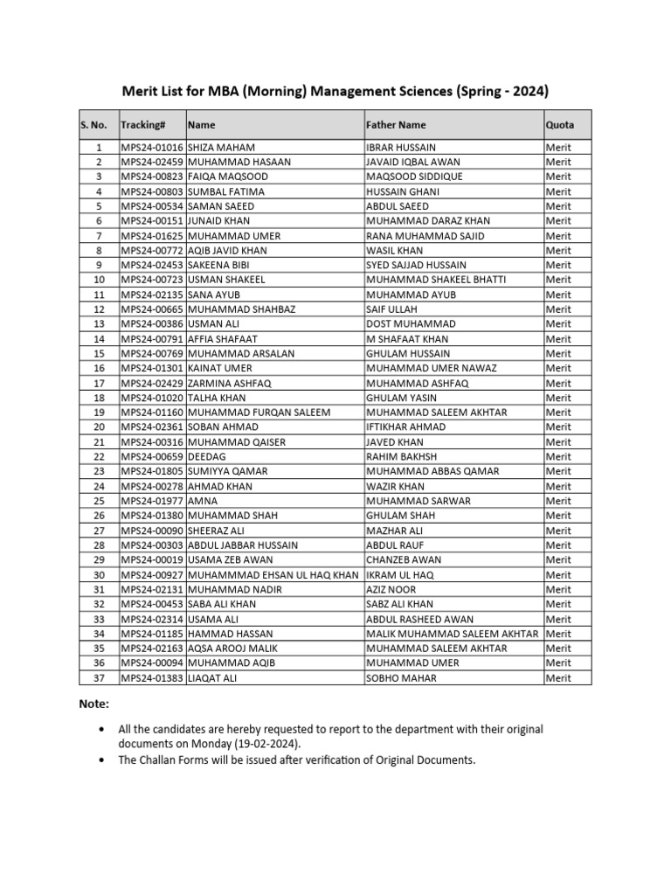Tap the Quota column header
tap(560, 125)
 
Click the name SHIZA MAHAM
tap(220, 148)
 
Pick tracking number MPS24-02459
tap(152, 162)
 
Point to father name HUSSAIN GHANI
tap(403, 191)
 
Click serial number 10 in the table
tap(99, 280)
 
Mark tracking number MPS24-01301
tap(152, 368)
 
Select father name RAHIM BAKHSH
tap(402, 456)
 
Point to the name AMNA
tap(202, 501)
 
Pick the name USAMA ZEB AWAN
tap(230, 559)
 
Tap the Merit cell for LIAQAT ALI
tap(558, 678)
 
